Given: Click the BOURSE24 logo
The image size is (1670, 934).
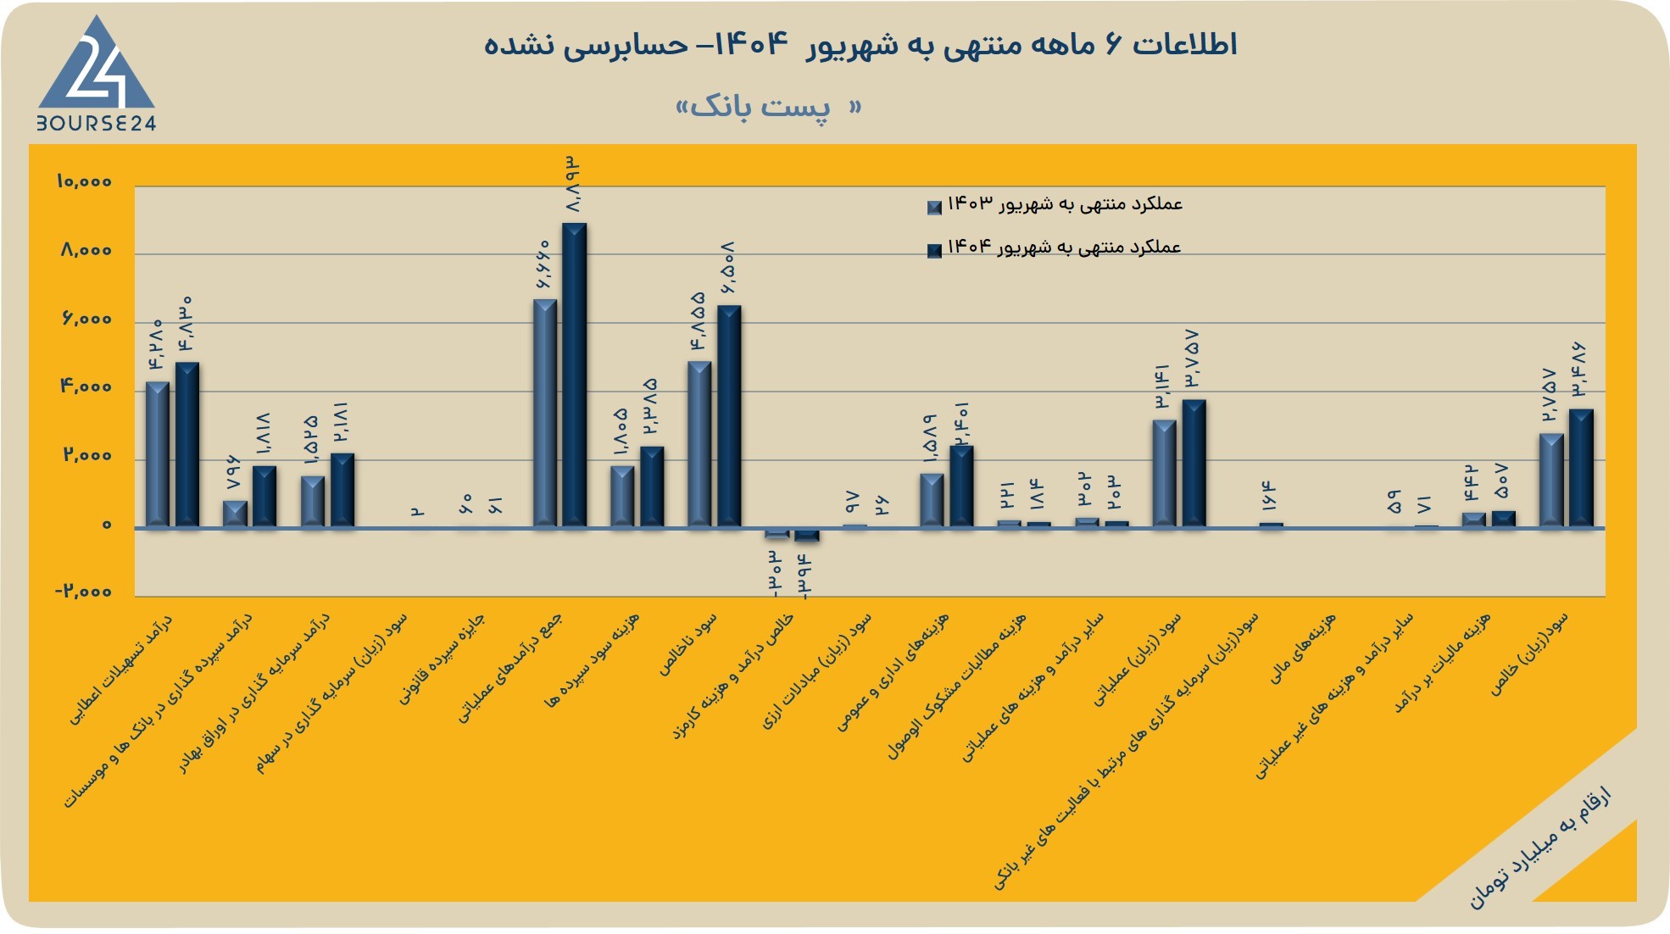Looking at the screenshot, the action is click(x=96, y=75).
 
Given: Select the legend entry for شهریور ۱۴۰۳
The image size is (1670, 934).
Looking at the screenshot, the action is click(x=1055, y=204).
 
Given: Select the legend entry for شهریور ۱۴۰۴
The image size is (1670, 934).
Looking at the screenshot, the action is click(x=1055, y=247).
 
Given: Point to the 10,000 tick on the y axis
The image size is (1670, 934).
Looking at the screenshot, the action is click(x=84, y=181).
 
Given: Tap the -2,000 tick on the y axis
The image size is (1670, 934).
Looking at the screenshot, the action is click(x=83, y=591).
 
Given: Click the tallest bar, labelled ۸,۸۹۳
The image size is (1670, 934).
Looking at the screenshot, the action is click(x=574, y=375).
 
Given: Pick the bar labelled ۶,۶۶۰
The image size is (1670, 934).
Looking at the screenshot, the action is click(x=545, y=414).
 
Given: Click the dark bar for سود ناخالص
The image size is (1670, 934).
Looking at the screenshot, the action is click(x=729, y=416).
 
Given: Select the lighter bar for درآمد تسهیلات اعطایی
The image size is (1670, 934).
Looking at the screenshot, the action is click(x=158, y=454).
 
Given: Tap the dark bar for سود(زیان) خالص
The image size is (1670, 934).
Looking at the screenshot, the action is click(x=1581, y=469).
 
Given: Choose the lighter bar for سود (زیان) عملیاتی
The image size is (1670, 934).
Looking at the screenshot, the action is click(x=1165, y=474).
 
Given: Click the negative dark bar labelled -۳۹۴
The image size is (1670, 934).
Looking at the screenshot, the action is click(x=807, y=535).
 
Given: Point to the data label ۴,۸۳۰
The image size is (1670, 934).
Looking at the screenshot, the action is click(x=186, y=323).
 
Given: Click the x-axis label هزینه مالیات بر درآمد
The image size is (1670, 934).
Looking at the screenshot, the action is click(x=1443, y=663).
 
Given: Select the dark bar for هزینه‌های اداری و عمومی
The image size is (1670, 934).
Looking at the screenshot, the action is click(x=961, y=486).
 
